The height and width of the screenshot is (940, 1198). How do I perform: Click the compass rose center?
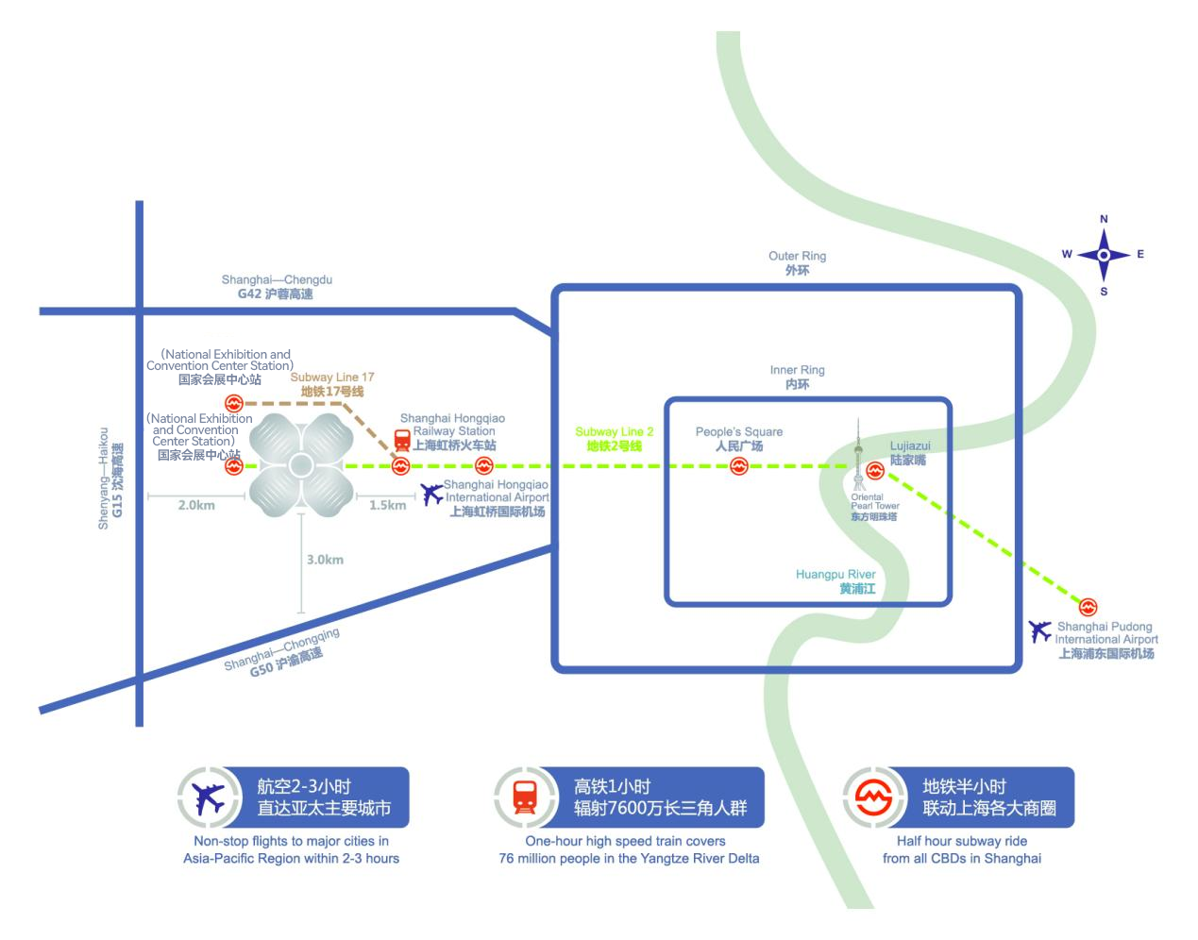(1104, 255)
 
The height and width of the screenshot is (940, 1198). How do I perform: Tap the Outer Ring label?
(797, 263)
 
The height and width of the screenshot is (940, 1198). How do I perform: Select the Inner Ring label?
(797, 378)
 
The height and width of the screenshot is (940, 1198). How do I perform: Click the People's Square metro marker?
(739, 465)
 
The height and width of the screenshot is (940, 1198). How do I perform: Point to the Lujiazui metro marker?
(875, 470)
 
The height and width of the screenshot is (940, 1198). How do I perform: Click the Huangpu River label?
(835, 581)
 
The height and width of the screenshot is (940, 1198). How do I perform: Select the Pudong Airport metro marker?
(1088, 608)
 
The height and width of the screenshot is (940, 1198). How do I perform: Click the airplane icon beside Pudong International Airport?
(1040, 630)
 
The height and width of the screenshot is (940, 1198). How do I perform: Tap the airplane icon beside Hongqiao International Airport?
(432, 494)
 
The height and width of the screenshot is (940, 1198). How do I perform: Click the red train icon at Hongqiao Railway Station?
(402, 439)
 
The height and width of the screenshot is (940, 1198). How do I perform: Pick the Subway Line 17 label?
(332, 384)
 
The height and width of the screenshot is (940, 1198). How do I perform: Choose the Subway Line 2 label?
(615, 439)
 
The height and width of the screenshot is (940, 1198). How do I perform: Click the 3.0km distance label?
(325, 560)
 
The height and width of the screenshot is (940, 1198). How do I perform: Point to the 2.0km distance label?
(196, 505)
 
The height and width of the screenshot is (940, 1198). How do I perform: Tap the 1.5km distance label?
(387, 505)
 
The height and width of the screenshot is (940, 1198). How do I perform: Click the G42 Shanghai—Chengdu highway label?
(277, 287)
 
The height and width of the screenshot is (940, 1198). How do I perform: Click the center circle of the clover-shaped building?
(301, 465)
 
